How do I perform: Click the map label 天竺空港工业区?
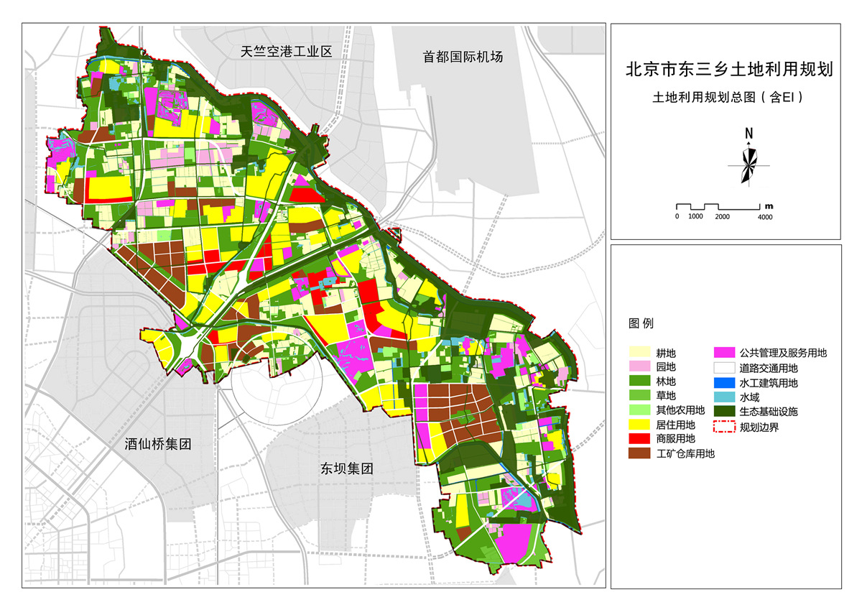click(x=285, y=52)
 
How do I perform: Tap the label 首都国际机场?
click(x=463, y=57)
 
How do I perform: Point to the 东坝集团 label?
click(x=347, y=469)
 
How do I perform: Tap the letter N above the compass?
click(x=749, y=133)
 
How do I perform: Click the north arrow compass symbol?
click(x=749, y=165)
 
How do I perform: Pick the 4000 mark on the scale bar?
click(x=765, y=216)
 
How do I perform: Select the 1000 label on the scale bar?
click(x=695, y=216)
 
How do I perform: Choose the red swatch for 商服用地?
click(x=641, y=438)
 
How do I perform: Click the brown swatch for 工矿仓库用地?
click(x=641, y=453)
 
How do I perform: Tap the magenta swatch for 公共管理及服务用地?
click(x=724, y=353)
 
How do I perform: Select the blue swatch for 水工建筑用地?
click(x=724, y=383)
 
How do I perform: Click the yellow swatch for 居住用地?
click(x=641, y=425)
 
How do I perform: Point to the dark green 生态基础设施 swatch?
click(x=724, y=412)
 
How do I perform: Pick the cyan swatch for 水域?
click(x=724, y=397)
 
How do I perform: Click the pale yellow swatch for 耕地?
click(x=641, y=353)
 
